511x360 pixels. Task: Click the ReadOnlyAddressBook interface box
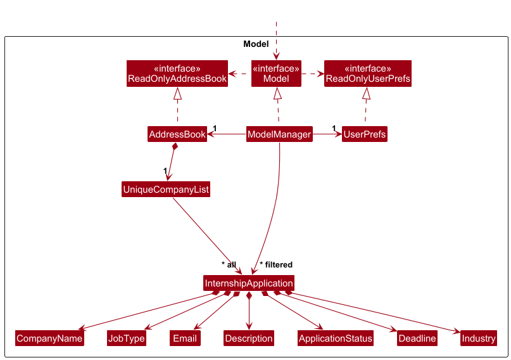(177, 74)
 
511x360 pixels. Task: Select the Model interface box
(276, 74)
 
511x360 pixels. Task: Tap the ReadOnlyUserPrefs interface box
(367, 74)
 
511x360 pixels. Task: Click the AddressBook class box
(177, 134)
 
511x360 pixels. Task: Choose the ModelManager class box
(279, 134)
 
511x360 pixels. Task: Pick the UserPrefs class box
(365, 134)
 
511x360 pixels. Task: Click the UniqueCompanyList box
(166, 189)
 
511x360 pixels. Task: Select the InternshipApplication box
(249, 283)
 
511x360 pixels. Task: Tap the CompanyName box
(49, 338)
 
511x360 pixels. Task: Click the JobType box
(127, 338)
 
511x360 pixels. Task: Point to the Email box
(185, 338)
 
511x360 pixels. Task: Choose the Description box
(249, 338)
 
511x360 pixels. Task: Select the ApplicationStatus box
(336, 338)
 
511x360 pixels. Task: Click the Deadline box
(417, 338)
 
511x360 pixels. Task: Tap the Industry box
(479, 338)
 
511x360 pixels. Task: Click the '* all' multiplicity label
(229, 264)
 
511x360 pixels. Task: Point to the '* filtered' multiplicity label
(276, 264)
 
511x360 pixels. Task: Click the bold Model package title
(256, 44)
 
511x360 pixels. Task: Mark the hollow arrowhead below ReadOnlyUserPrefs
(365, 94)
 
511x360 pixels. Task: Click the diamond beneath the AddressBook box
(175, 148)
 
